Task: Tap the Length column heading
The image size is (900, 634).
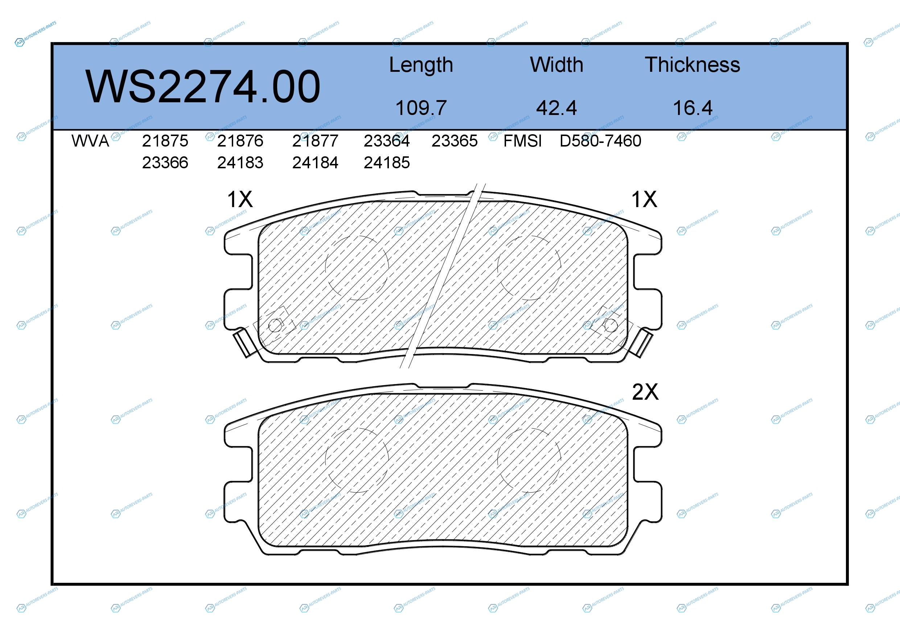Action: (421, 65)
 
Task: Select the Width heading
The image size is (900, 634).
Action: (556, 65)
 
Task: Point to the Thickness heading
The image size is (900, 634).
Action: (693, 65)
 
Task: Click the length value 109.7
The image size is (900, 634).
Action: (421, 108)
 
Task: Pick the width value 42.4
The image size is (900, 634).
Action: (556, 108)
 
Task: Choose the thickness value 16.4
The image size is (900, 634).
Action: (693, 108)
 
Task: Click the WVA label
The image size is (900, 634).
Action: (90, 141)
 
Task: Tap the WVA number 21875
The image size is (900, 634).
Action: (165, 141)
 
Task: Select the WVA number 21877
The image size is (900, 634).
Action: (315, 141)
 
